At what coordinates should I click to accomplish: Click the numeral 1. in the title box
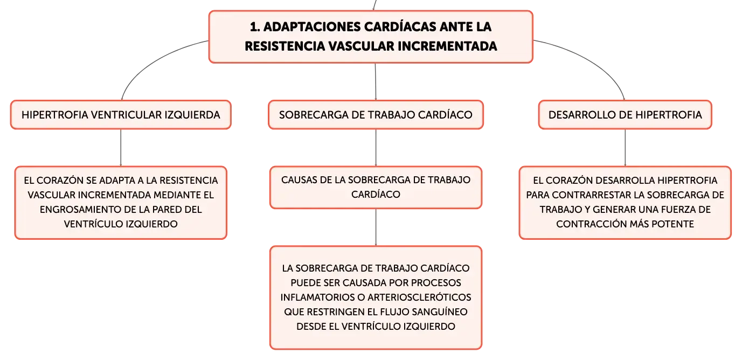(x=254, y=27)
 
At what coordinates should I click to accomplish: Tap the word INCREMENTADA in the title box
(x=447, y=46)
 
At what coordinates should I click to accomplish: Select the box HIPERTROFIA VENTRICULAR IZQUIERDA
(x=121, y=115)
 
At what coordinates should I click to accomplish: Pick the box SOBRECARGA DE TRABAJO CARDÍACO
(x=376, y=115)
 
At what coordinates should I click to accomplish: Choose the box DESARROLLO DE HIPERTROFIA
(x=625, y=115)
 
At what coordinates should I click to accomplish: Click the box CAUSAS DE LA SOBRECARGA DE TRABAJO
(x=376, y=188)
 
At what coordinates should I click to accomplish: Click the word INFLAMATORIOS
(x=317, y=297)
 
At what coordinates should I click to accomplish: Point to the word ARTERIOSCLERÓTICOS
(x=419, y=297)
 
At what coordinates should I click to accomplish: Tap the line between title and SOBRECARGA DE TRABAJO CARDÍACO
(x=376, y=81)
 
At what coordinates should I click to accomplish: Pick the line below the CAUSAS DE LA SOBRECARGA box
(x=376, y=227)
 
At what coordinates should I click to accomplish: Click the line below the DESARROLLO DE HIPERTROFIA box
(x=625, y=148)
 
